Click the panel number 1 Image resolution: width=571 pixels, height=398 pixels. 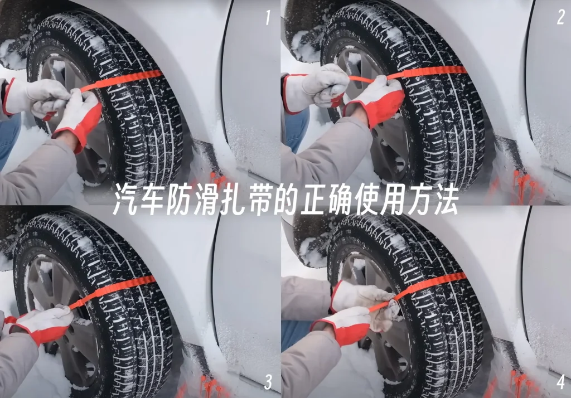268,18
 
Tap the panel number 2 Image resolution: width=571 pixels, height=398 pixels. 561,17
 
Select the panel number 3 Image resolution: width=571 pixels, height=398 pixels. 268,382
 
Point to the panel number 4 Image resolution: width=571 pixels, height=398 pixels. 561,382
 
